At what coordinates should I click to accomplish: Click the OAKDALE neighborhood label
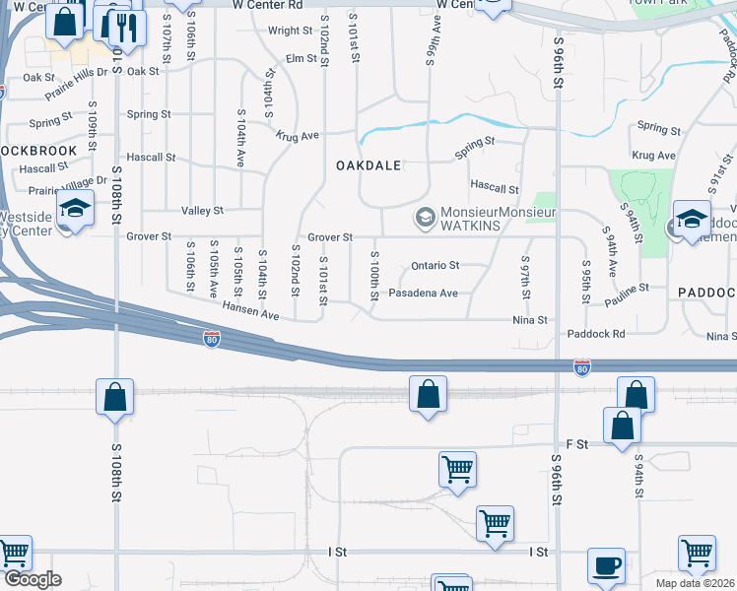[369, 165]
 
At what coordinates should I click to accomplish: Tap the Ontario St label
[435, 265]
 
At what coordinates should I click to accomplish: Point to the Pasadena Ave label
[424, 294]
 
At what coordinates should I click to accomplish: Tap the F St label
[576, 444]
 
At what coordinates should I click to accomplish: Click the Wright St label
[290, 31]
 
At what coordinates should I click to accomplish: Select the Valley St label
[203, 211]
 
